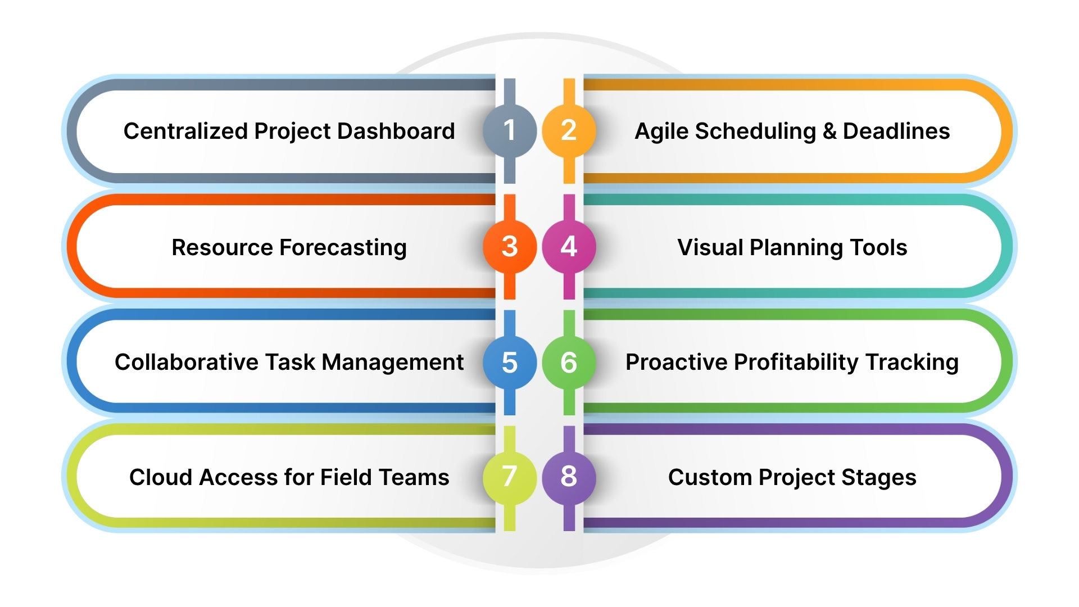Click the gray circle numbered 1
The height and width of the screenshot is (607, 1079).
(510, 130)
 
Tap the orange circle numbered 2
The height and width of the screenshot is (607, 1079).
(569, 130)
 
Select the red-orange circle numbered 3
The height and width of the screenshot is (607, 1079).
(510, 247)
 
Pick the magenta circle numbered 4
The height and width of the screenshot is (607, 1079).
(569, 247)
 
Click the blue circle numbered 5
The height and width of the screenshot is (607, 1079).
(510, 363)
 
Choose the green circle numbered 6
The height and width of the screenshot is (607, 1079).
(569, 363)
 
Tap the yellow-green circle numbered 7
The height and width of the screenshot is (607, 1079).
(510, 477)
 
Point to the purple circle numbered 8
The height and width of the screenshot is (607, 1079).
(569, 477)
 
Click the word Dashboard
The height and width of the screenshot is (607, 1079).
(396, 131)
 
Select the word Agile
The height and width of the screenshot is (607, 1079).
(661, 132)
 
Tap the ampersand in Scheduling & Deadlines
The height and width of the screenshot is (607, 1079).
(829, 132)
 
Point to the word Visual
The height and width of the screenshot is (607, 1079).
(710, 247)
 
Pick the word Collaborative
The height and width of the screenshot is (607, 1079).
(186, 363)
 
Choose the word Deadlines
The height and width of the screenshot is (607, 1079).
(896, 132)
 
